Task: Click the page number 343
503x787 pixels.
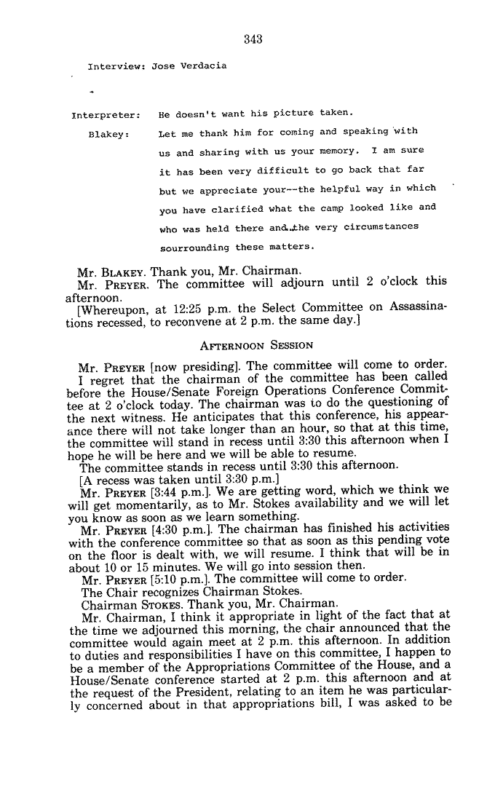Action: tap(253, 39)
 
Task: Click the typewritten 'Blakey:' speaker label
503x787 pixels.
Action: tap(108, 134)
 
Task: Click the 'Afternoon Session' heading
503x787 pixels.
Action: tap(257, 344)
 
